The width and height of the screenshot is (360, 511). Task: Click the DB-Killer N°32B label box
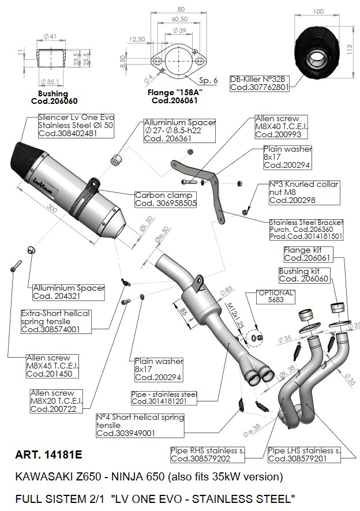258,83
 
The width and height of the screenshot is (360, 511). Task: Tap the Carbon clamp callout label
165,199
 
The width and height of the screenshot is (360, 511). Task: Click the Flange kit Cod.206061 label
307,254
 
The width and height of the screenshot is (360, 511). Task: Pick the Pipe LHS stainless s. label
304,454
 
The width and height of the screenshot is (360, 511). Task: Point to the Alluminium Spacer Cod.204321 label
69,292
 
